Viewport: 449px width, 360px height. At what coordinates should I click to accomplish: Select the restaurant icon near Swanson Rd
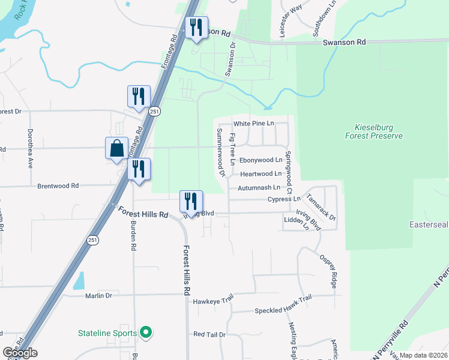[x=196, y=28]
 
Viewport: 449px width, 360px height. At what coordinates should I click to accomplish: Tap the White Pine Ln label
[x=253, y=124]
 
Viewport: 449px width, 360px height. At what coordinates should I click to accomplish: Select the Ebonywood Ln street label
[x=261, y=160]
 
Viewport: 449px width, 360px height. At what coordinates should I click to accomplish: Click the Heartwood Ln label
[x=261, y=174]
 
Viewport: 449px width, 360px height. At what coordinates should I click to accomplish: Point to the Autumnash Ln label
[x=259, y=187]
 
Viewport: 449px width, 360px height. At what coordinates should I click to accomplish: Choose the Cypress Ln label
[x=283, y=199]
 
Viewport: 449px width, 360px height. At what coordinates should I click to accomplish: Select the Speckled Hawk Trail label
[x=283, y=311]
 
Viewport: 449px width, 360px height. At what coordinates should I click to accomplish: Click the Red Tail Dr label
[x=209, y=334]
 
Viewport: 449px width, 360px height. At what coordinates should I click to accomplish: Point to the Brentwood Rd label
[x=58, y=186]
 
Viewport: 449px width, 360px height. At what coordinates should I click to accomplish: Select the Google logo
[x=20, y=353]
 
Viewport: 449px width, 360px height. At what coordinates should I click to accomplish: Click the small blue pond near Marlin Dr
[x=79, y=280]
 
